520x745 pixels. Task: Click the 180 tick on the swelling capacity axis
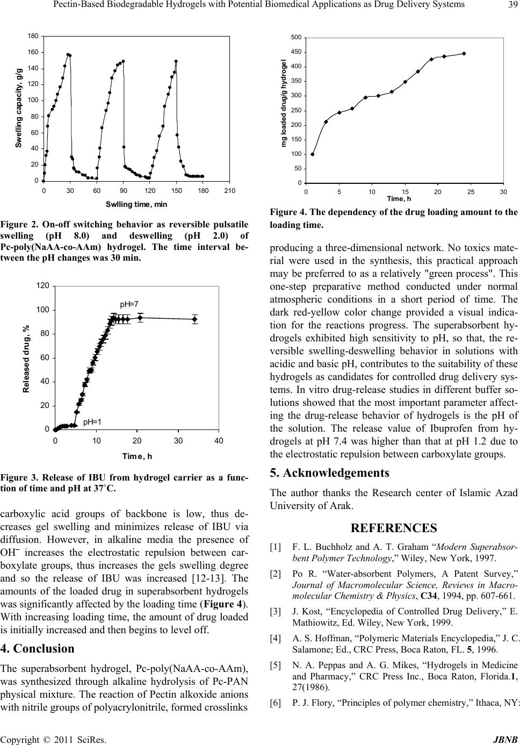tap(33, 36)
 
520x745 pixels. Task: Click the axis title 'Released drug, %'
tap(26, 359)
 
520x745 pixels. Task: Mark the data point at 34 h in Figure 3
tap(194, 319)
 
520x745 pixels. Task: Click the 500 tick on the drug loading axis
tap(295, 37)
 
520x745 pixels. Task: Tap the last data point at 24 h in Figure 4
tap(464, 53)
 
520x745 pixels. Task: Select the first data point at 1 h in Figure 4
tap(313, 154)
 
